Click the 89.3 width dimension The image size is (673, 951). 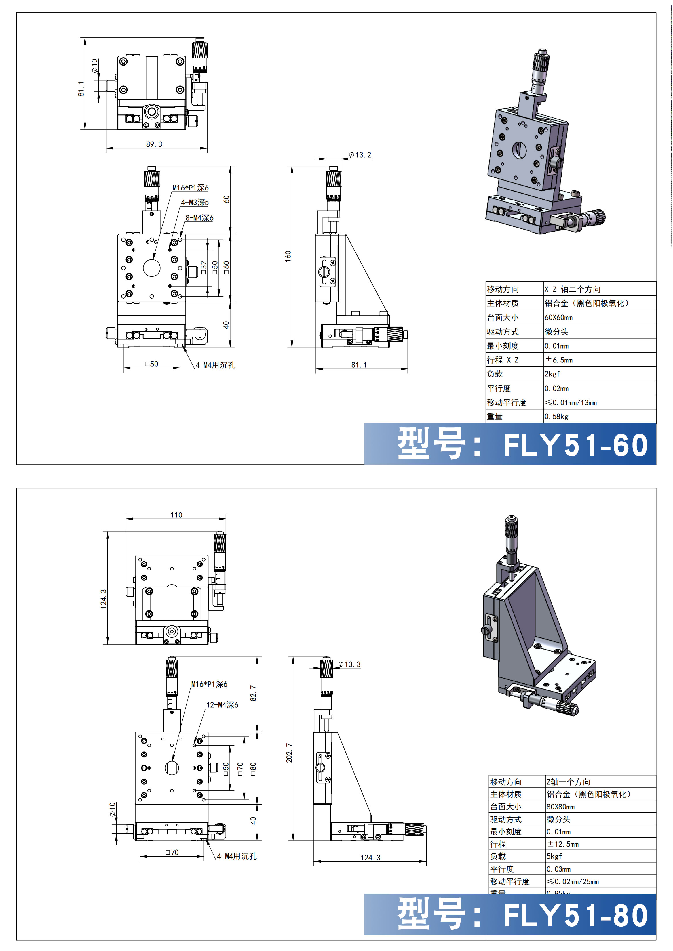[x=154, y=144]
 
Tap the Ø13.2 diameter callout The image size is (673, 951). [x=360, y=155]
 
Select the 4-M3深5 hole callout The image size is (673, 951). [x=195, y=203]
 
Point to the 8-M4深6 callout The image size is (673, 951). [x=199, y=218]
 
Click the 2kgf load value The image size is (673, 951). [x=552, y=374]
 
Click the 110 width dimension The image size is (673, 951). [x=176, y=515]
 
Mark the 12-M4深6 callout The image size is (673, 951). [x=222, y=705]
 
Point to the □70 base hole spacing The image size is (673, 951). [x=172, y=852]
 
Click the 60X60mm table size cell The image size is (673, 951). [x=558, y=318]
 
